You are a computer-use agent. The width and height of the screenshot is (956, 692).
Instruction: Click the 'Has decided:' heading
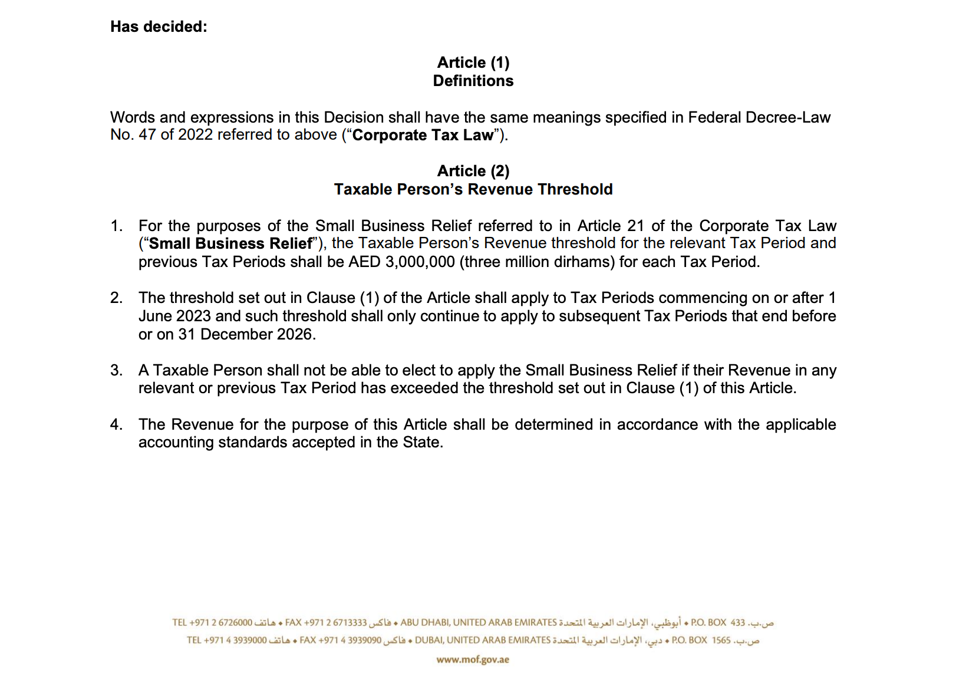pos(159,27)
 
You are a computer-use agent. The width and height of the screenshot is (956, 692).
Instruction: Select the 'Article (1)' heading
pos(473,62)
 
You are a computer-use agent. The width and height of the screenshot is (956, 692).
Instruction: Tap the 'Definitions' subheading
pos(473,81)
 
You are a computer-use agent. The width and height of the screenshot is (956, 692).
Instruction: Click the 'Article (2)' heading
pos(473,171)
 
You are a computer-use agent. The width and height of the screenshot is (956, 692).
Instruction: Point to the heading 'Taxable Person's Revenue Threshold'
pos(473,189)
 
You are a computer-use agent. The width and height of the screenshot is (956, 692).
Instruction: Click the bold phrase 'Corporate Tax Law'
pos(423,135)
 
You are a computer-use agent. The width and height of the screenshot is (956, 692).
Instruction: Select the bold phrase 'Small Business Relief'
pos(230,243)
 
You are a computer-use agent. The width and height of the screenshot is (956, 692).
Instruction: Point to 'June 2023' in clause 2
pos(174,316)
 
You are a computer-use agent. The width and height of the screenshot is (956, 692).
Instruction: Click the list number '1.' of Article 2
pos(117,226)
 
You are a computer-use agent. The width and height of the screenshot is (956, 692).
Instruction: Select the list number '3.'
pos(117,370)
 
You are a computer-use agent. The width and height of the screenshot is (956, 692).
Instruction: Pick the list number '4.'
pos(117,424)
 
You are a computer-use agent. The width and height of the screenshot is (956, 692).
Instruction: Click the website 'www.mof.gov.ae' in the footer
pos(473,660)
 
